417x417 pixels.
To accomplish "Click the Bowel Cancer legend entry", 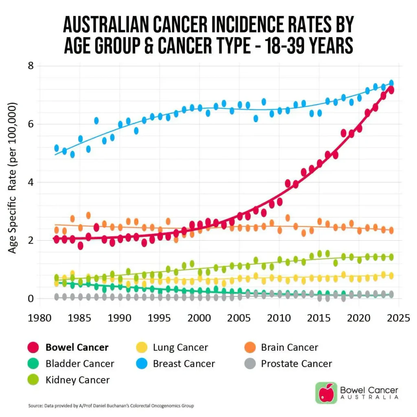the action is [68, 347].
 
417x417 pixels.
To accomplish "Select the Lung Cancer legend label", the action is [180, 347].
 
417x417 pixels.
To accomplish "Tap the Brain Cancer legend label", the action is [290, 347].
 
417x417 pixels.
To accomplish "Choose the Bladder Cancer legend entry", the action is [71, 364].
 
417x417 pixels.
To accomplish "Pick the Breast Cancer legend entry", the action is [176, 364].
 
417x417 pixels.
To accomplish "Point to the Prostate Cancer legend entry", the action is [288, 364].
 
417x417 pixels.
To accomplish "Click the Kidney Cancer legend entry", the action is [68, 380].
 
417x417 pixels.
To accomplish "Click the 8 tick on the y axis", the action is [31, 66].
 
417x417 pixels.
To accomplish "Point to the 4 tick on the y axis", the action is [31, 182].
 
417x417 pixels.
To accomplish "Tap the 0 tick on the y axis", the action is [31, 298].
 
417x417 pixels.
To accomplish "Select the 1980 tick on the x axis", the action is [40, 318].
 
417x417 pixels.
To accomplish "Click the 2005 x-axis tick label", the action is [239, 318].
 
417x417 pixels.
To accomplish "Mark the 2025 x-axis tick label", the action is [398, 318].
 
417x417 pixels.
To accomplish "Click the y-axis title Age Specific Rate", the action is [12, 178].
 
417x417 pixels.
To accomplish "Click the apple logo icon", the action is [326, 393].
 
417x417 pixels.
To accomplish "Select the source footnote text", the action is [111, 406].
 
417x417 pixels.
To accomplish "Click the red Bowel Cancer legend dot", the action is [33, 347].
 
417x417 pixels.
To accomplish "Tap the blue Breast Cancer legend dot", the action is [141, 364].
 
